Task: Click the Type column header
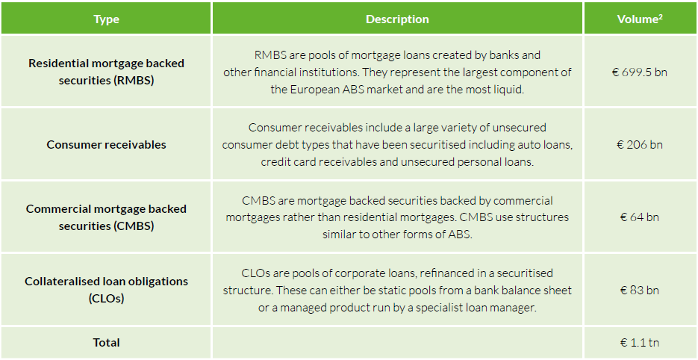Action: pos(107,19)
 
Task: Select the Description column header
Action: pos(397,19)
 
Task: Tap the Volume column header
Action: pos(640,19)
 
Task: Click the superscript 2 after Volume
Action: pos(661,17)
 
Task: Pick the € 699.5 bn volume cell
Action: pos(640,72)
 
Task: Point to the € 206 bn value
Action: pos(640,144)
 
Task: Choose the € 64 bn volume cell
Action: pos(640,217)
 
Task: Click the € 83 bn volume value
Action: pos(640,290)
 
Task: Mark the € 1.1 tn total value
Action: pos(640,343)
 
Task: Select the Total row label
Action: pos(107,343)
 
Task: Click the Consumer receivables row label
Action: pos(107,144)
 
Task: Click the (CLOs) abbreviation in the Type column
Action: pos(107,299)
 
